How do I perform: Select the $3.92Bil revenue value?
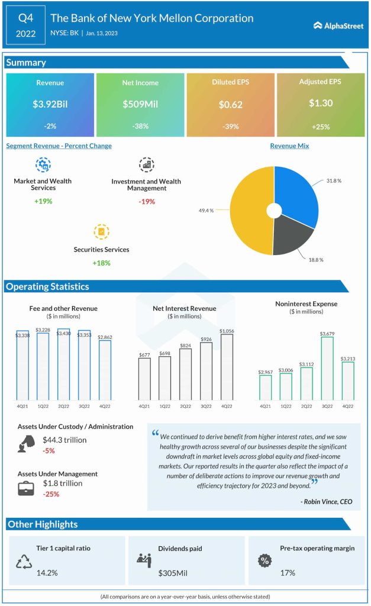(50, 104)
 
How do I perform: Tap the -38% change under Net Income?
(140, 126)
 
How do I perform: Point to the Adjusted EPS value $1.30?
(321, 103)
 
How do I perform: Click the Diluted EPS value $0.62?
(230, 104)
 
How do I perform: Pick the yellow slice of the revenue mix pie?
(249, 213)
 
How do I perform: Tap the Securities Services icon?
(101, 231)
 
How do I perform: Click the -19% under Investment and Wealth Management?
(146, 202)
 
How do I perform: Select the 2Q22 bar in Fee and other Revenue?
(63, 364)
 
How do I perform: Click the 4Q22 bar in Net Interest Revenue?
(226, 367)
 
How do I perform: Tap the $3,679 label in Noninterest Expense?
(327, 334)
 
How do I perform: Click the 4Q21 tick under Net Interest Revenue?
(144, 406)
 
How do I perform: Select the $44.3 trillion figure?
(64, 440)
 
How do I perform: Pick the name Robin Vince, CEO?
(326, 501)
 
